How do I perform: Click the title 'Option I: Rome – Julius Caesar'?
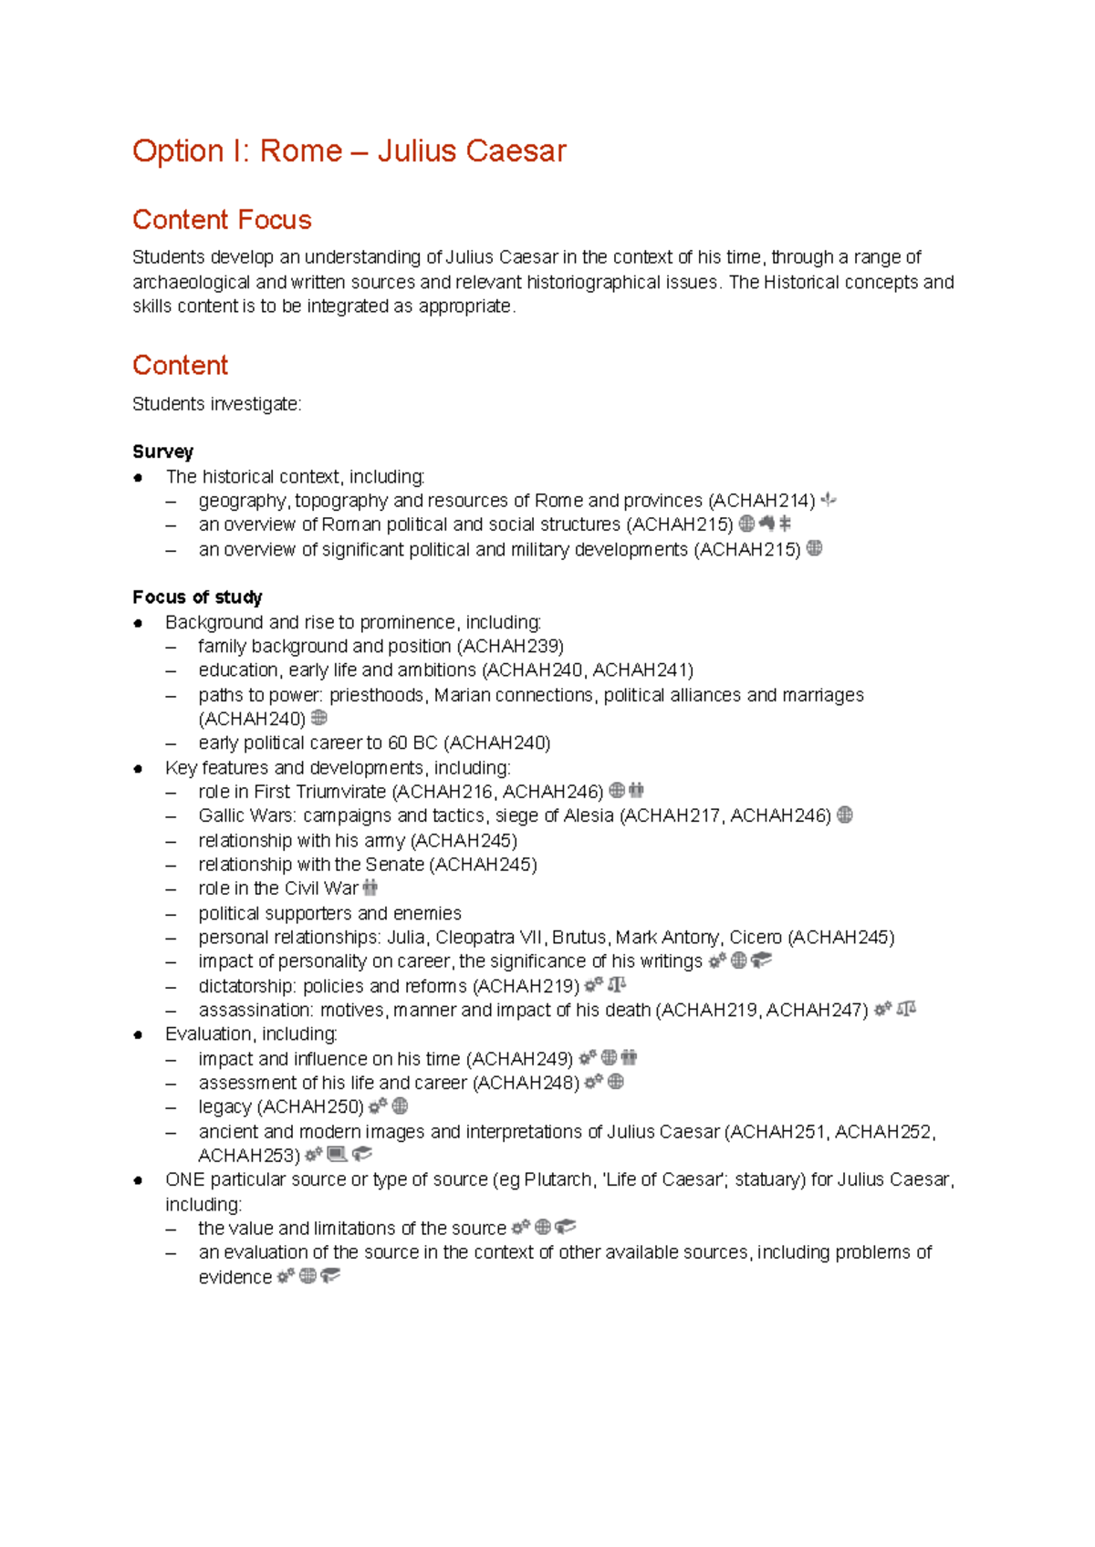click(x=349, y=151)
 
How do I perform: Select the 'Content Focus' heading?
click(x=222, y=220)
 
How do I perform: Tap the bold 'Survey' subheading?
click(x=162, y=452)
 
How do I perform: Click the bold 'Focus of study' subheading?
click(x=197, y=597)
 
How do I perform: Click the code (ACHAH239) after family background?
click(x=510, y=647)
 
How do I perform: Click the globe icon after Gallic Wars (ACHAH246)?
click(x=845, y=815)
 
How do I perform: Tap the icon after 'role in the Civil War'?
click(x=370, y=888)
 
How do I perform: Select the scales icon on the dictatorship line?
click(x=618, y=985)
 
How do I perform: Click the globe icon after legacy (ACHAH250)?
click(x=400, y=1106)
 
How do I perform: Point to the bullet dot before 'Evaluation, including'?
click(x=138, y=1035)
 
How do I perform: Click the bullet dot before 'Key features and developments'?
click(x=138, y=769)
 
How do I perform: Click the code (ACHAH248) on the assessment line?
click(x=526, y=1083)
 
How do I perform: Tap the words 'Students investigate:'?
click(x=216, y=404)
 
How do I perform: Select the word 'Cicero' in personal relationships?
click(x=756, y=938)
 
